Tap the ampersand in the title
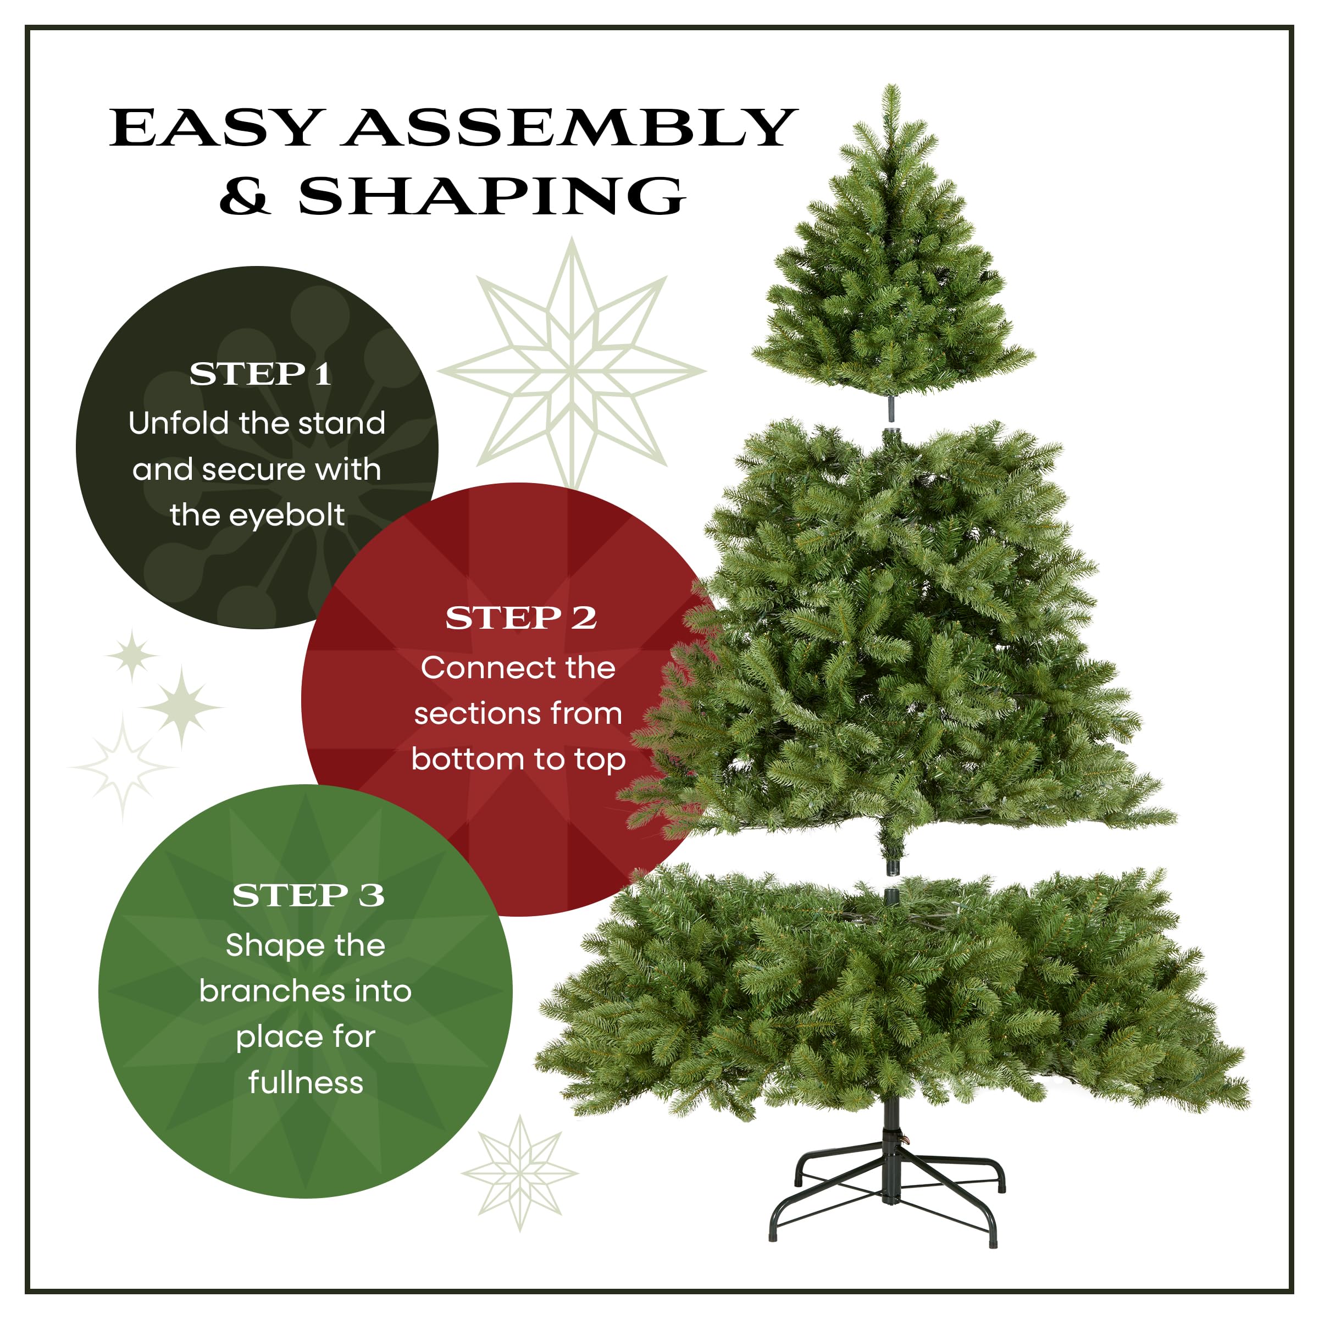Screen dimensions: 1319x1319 click(245, 196)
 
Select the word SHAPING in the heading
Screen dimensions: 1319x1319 click(491, 196)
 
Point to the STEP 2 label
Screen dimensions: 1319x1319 click(521, 618)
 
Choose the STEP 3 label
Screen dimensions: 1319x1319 click(308, 895)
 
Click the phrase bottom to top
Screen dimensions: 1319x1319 click(518, 759)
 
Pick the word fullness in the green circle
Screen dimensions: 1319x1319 click(306, 1082)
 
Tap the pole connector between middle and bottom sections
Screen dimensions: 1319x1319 click(891, 880)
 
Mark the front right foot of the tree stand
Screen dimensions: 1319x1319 click(993, 1240)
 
